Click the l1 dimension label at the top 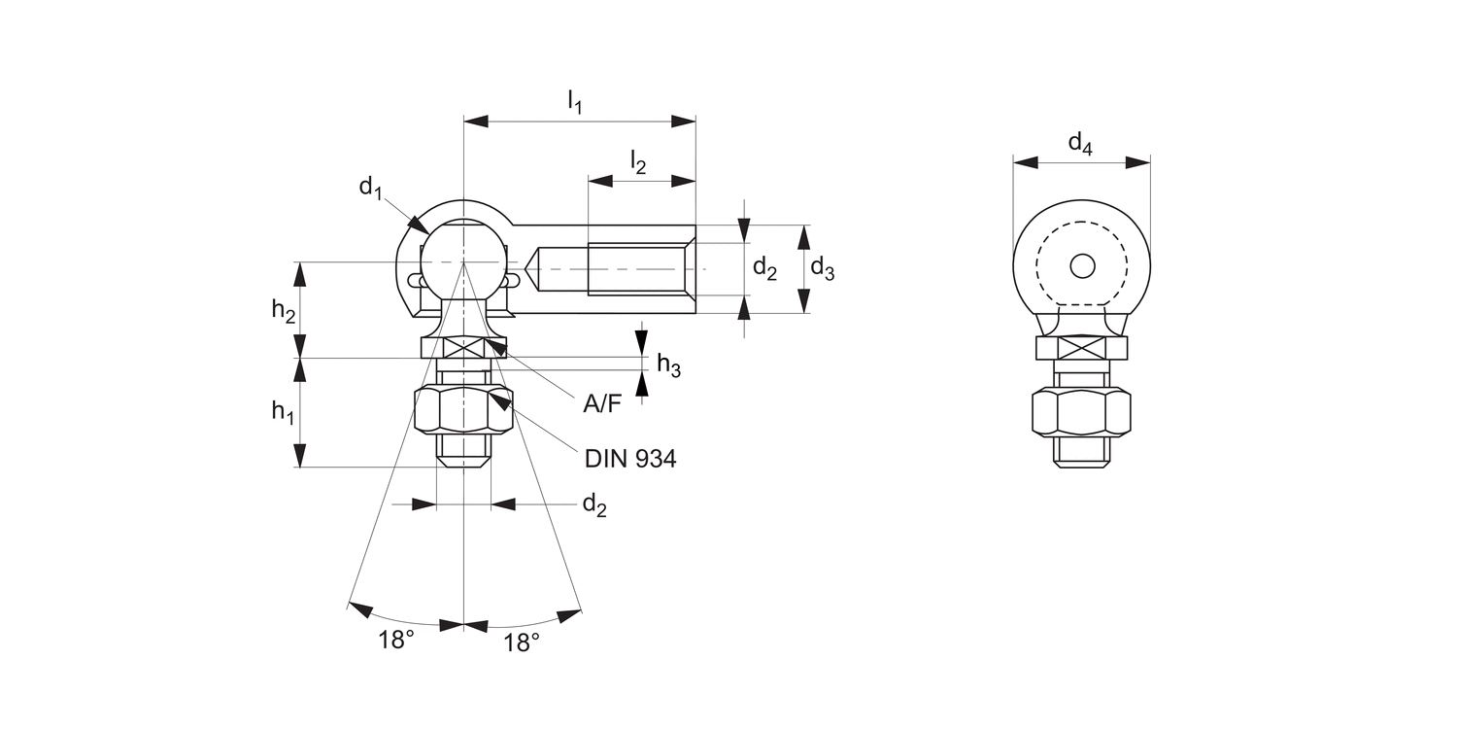pos(574,102)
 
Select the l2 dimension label pos(637,162)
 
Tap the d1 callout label pos(370,187)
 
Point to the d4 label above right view pos(1080,144)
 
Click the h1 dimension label pos(282,411)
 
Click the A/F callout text pos(601,404)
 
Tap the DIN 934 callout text pos(629,459)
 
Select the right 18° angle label pos(522,642)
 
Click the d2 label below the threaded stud pos(593,504)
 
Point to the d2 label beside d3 pos(764,269)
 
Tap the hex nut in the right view pos(1081,412)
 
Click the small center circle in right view pos(1082,264)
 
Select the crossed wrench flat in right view pos(1081,348)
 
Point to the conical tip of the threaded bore pos(534,264)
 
